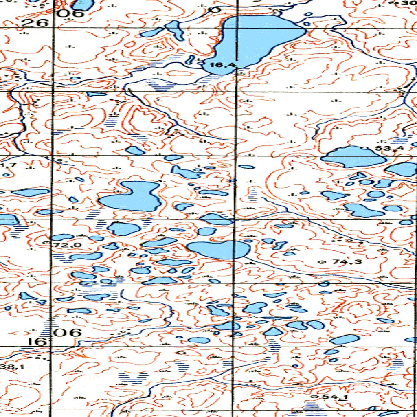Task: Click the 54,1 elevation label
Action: [x=331, y=396]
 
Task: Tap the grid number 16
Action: [x=38, y=341]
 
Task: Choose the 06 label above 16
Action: [x=68, y=332]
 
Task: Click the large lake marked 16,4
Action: [x=257, y=41]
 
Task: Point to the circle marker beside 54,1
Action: [x=313, y=396]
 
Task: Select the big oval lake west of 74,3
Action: [x=218, y=249]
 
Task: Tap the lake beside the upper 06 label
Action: [x=83, y=4]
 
